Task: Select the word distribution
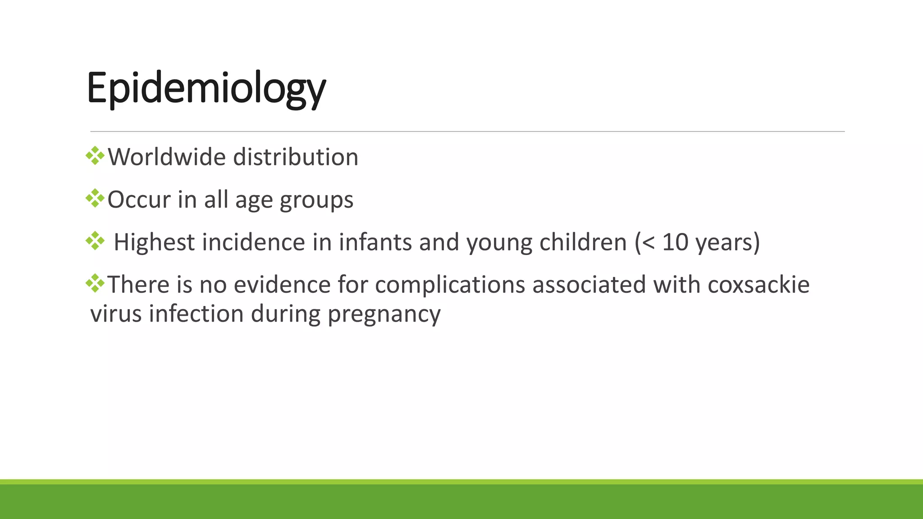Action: pos(296,157)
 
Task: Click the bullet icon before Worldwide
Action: pos(95,156)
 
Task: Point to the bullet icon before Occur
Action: pos(95,198)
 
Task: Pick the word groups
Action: pos(316,200)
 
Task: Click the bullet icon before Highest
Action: pos(95,241)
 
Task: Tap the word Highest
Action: pos(154,242)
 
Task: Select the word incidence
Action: pos(253,242)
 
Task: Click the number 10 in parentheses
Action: pos(675,242)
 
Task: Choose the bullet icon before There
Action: pos(95,283)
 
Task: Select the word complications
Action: pos(450,286)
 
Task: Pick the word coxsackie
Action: pos(758,285)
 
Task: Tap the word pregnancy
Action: pos(384,314)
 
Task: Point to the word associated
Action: pos(589,285)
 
